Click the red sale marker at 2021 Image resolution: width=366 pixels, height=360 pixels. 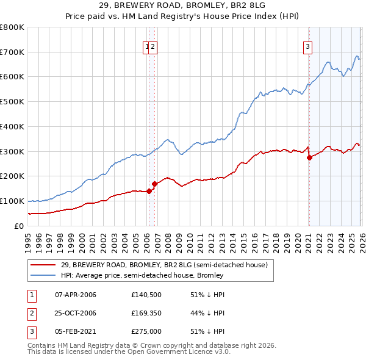pyautogui.click(x=309, y=157)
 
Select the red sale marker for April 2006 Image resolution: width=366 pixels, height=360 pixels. pyautogui.click(x=149, y=191)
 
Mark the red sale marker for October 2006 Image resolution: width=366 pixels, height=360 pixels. pyautogui.click(x=155, y=184)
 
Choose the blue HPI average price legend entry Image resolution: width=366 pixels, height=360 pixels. pyautogui.click(x=142, y=275)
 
